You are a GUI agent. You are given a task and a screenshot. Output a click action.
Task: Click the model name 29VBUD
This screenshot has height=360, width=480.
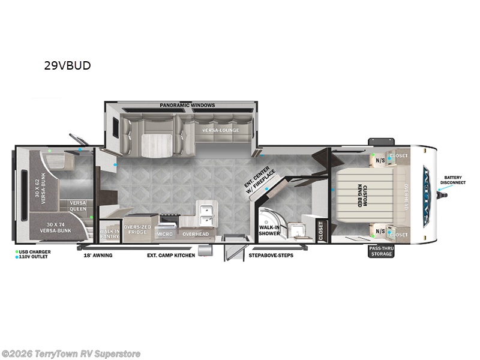(67, 66)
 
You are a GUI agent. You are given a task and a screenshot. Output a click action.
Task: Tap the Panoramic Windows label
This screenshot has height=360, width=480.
(187, 106)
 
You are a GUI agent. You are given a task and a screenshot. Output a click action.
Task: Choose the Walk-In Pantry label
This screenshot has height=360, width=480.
(110, 233)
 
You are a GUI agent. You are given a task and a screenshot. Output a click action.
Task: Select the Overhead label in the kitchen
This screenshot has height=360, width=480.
(194, 233)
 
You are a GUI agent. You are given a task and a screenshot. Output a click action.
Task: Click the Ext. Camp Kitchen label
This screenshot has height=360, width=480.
(171, 256)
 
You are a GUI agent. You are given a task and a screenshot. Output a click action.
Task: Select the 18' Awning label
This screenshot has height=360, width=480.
(98, 256)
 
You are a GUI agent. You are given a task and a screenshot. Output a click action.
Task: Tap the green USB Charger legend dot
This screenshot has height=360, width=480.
(17, 251)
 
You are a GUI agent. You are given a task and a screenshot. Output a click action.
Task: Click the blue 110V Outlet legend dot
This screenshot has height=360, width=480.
(17, 256)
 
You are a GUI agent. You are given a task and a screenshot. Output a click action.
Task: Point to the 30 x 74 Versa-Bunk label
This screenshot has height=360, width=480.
(56, 227)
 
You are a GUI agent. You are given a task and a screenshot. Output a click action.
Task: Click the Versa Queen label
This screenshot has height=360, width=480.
(78, 206)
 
